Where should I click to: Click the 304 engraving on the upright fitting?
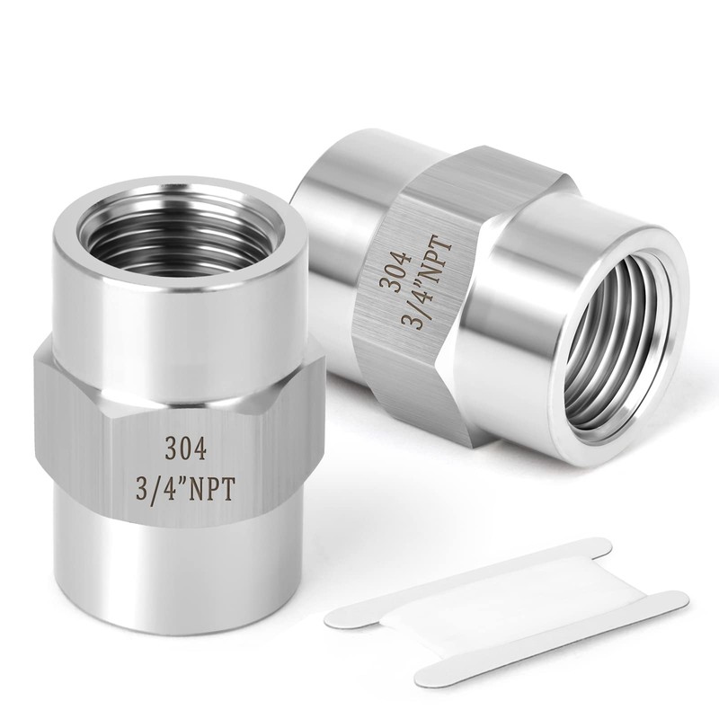click(186, 449)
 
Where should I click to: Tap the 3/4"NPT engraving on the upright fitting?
click(186, 491)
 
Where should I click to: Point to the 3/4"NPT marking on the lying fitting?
click(427, 281)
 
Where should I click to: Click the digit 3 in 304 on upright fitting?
click(171, 449)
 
